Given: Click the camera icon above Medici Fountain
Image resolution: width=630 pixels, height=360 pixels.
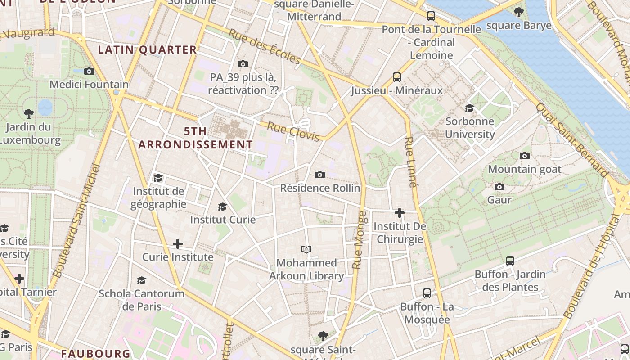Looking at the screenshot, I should coord(89,71).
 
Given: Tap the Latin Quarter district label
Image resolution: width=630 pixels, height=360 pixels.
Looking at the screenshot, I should coord(148,49).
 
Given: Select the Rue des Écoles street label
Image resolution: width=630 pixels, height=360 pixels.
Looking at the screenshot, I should coord(264,47).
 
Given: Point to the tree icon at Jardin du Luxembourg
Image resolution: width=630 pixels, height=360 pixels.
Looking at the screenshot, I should coord(29,113).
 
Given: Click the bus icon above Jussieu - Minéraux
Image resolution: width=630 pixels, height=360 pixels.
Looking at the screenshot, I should coord(396,77).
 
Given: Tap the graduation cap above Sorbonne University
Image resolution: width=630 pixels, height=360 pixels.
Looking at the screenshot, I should coord(469,108).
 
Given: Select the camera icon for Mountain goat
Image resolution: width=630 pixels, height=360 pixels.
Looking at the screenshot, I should coord(524,156).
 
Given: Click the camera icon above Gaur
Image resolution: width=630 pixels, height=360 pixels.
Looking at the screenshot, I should coord(499,187).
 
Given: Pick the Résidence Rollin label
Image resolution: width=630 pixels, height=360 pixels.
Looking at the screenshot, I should coord(320,188).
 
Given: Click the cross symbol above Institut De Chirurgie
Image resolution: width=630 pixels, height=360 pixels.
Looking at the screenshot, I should coord(399,213).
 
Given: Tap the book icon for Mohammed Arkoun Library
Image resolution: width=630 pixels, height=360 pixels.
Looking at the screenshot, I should coord(306,249).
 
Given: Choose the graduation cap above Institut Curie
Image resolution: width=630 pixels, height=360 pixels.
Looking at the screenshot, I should coord(222,207).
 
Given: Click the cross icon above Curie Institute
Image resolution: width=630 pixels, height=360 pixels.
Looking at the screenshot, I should coord(178,244).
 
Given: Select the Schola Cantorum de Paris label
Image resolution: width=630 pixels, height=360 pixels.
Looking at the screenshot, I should coord(142,300).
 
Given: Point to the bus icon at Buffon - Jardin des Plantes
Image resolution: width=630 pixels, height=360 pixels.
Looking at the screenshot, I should coord(510,261).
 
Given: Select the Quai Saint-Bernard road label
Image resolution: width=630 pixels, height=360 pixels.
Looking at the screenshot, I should coord(571,140).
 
